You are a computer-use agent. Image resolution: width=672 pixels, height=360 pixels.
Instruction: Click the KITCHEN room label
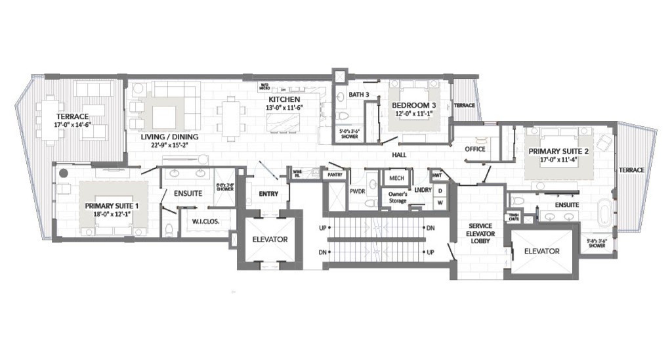coord(283,99)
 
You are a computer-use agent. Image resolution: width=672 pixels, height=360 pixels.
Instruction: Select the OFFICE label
coord(474,149)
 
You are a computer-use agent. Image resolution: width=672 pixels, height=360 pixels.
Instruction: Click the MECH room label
coord(396,178)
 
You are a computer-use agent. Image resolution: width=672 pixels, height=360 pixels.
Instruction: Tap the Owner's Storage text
coord(397,197)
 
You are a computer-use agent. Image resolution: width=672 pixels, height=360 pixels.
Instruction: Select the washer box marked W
coord(440,202)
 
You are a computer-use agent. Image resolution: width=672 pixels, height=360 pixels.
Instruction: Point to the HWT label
coord(436,175)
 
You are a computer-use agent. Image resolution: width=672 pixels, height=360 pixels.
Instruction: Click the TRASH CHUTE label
coord(513,217)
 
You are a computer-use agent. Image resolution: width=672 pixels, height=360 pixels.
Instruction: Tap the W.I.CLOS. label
coord(205,221)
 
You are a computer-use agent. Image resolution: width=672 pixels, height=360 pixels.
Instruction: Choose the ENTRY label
coord(269,194)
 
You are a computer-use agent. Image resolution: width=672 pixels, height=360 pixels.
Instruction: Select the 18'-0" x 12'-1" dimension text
coord(108,214)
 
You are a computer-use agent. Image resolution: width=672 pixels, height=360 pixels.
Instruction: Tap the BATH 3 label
coord(358,95)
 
